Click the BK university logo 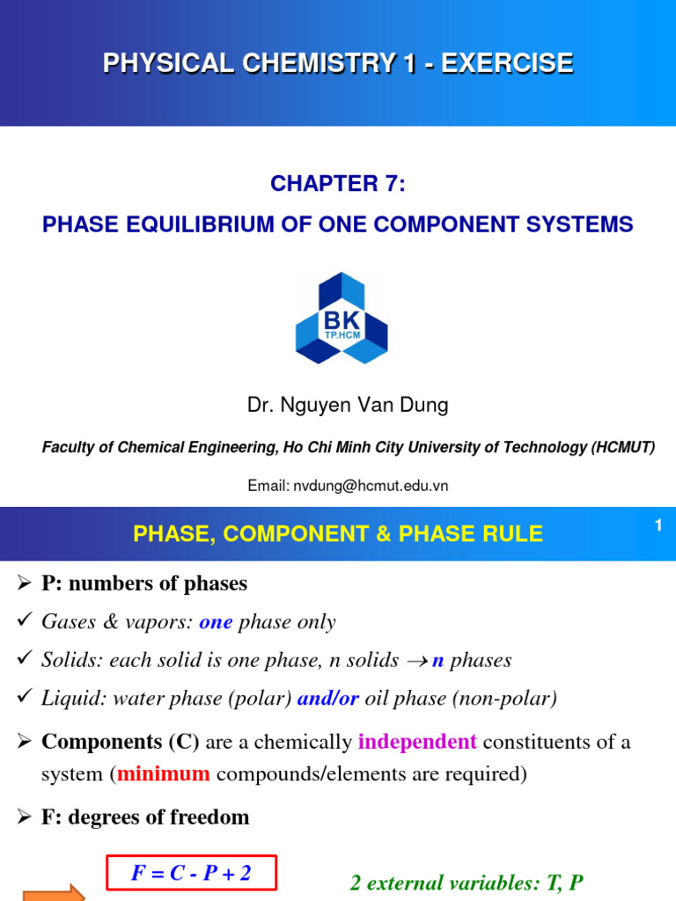pyautogui.click(x=341, y=318)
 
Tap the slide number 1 pyautogui.click(x=657, y=525)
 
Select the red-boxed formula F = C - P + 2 pyautogui.click(x=191, y=873)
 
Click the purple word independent pyautogui.click(x=417, y=742)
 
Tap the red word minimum pyautogui.click(x=164, y=774)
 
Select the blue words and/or pyautogui.click(x=328, y=698)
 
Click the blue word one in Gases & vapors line pyautogui.click(x=216, y=622)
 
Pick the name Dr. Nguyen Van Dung pyautogui.click(x=347, y=405)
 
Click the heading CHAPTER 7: pyautogui.click(x=338, y=183)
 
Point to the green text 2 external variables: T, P pyautogui.click(x=466, y=883)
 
